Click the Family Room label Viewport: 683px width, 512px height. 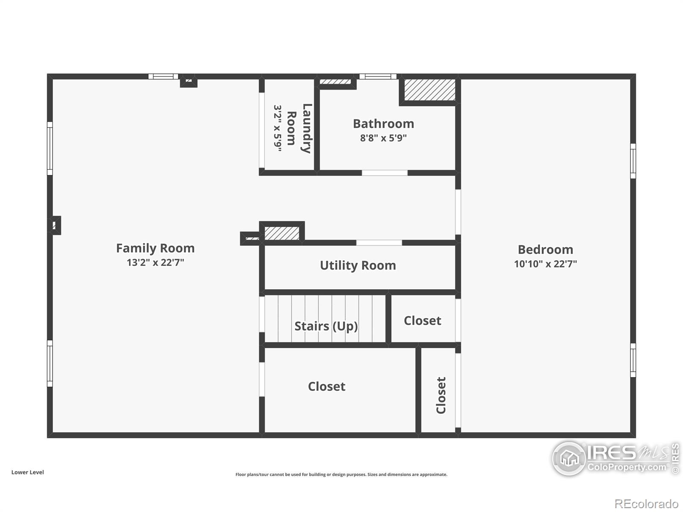coord(155,248)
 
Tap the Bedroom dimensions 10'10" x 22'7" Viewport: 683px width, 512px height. coord(545,264)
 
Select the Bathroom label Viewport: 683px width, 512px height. coord(383,124)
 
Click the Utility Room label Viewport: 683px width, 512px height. coord(358,265)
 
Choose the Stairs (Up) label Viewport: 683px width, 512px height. coord(326,326)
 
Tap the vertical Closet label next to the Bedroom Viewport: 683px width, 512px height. coord(441,395)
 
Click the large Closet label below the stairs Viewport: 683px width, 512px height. coord(327,386)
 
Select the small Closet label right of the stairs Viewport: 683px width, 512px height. coord(422,320)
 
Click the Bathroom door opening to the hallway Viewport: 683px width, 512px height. coord(385,173)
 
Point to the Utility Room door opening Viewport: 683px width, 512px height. coord(379,243)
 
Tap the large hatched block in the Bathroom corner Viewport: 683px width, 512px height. coord(429,90)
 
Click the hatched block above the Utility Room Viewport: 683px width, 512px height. coord(282,233)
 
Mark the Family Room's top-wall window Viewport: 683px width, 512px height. coord(163,77)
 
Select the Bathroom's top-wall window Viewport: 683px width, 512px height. coord(378,77)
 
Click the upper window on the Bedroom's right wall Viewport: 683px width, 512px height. coord(633,161)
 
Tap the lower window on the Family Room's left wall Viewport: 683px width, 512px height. coord(50,364)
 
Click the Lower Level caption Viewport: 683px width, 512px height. coord(27,472)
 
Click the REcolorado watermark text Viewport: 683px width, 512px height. coord(647,504)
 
